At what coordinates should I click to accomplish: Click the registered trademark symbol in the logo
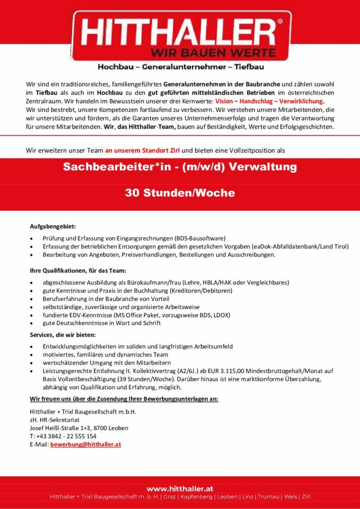pyautogui.click(x=279, y=22)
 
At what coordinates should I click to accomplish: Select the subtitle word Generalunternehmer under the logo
pyautogui.click(x=180, y=66)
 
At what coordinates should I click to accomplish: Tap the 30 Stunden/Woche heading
pyautogui.click(x=180, y=193)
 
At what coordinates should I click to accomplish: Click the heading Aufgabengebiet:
pyautogui.click(x=53, y=227)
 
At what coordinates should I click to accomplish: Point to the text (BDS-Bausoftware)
pyautogui.click(x=200, y=238)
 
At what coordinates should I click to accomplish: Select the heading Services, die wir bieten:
pyautogui.click(x=63, y=335)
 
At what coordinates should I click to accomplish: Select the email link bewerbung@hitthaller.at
pyautogui.click(x=86, y=444)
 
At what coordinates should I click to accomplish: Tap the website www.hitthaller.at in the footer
pyautogui.click(x=180, y=489)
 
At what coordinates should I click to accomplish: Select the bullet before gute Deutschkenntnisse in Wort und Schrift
pyautogui.click(x=32, y=324)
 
